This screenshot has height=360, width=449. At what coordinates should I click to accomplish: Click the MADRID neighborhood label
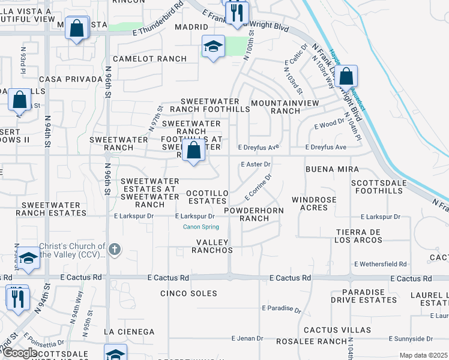(191, 28)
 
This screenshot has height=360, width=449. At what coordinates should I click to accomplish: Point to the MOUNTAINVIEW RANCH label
(284, 107)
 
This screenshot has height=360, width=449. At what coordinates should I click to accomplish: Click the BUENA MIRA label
(332, 170)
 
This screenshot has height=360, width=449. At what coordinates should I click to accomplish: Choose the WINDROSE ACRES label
(314, 203)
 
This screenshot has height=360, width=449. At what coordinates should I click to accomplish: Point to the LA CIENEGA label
(129, 331)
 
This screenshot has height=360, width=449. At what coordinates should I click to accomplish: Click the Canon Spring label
(201, 227)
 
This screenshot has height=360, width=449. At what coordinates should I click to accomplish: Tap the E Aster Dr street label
(256, 164)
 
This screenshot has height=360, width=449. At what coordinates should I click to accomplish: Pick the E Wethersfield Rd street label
(381, 264)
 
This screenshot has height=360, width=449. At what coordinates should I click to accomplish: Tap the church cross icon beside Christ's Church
(115, 248)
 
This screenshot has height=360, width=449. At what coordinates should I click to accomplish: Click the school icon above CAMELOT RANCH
(213, 46)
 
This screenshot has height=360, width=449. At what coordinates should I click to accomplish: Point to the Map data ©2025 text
(423, 355)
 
